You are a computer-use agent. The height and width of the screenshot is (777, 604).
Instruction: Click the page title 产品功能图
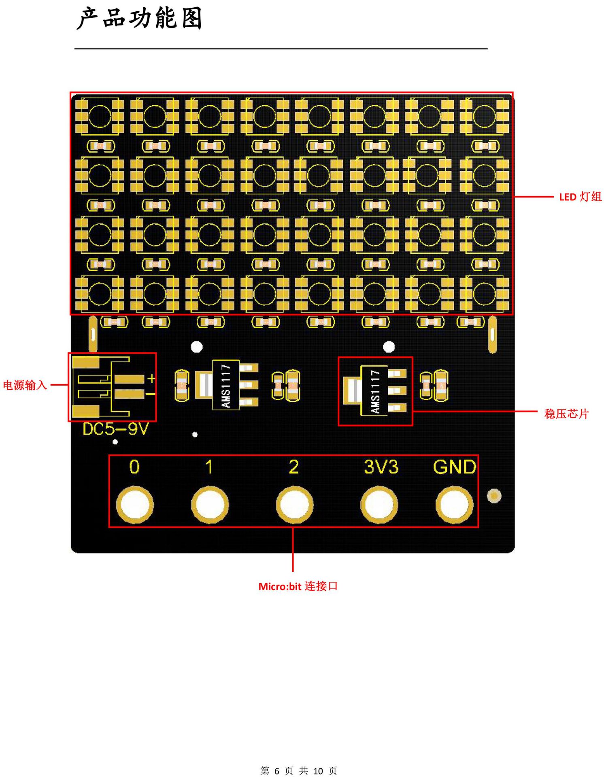coord(139,19)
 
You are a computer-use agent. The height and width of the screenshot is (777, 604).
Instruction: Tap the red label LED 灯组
coord(581,197)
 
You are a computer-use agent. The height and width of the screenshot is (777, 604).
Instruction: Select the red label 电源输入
coord(25,385)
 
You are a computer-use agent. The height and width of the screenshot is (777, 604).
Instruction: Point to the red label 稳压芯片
coord(566,414)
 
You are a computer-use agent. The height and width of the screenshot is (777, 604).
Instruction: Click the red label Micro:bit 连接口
coord(298,586)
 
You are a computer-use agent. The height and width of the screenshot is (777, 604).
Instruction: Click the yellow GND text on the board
coord(455,467)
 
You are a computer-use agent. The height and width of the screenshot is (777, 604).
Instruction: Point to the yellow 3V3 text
coord(381,467)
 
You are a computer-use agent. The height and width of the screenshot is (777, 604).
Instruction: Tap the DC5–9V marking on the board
coord(116,429)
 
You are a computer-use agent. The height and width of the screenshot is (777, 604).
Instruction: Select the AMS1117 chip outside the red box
coord(226,385)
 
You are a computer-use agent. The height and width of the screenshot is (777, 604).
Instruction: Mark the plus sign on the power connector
coord(151,378)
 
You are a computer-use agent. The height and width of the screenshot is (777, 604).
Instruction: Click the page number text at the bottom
coord(299,771)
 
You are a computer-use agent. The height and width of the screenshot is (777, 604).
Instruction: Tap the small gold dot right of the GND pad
coord(494,496)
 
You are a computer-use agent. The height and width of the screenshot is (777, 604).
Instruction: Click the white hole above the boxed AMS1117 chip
coord(389,347)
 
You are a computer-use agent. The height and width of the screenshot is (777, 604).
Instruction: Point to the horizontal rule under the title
coord(281,49)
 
